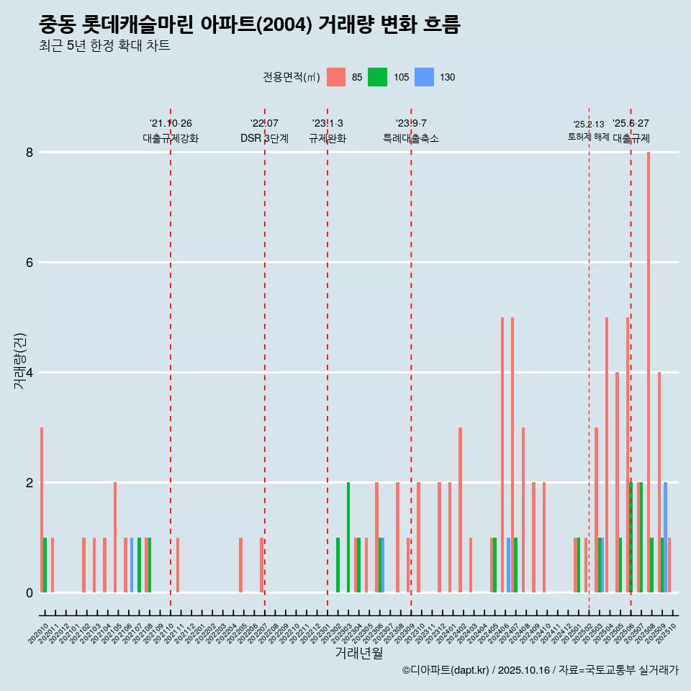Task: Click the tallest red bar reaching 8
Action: [x=649, y=371]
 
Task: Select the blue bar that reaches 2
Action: [x=665, y=537]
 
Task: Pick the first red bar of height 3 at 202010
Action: [x=42, y=510]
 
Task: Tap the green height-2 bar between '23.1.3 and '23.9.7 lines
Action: [x=348, y=537]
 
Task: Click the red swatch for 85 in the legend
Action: [x=335, y=77]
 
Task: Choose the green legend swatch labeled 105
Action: [x=377, y=77]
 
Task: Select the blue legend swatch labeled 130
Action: [x=425, y=77]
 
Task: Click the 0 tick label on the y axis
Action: [x=30, y=592]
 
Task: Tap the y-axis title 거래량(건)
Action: [x=19, y=361]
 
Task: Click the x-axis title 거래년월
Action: [x=358, y=653]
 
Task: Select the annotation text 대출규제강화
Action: [x=171, y=138]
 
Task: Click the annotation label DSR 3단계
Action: [x=264, y=138]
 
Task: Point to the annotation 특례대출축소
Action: [x=410, y=138]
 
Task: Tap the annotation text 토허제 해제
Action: [x=588, y=137]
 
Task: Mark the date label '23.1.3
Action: [x=328, y=123]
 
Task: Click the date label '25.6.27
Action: [x=631, y=123]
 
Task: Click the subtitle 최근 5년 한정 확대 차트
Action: [x=104, y=46]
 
